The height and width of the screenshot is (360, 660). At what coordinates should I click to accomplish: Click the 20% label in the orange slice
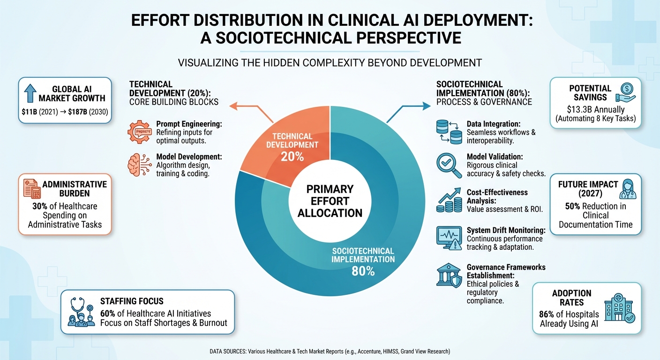click(x=292, y=157)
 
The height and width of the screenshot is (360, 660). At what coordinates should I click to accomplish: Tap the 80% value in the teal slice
click(x=363, y=270)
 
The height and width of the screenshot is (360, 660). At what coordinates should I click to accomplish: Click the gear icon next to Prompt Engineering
click(x=139, y=132)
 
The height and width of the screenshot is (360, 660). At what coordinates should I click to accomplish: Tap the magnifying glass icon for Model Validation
click(x=448, y=164)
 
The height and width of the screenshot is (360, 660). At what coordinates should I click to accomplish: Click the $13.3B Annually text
click(x=582, y=109)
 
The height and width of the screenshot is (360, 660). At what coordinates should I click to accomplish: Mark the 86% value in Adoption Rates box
click(x=549, y=315)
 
